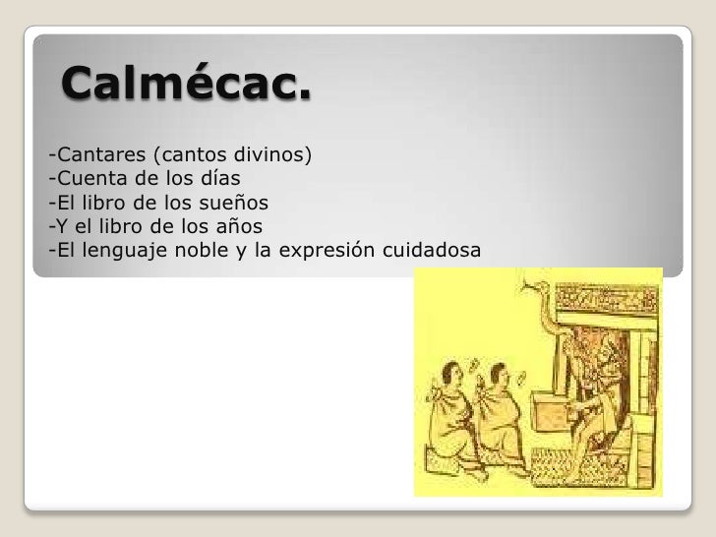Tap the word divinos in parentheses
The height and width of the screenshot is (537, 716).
(271, 154)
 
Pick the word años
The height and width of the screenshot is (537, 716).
(236, 227)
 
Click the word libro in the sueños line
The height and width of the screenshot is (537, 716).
(98, 204)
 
